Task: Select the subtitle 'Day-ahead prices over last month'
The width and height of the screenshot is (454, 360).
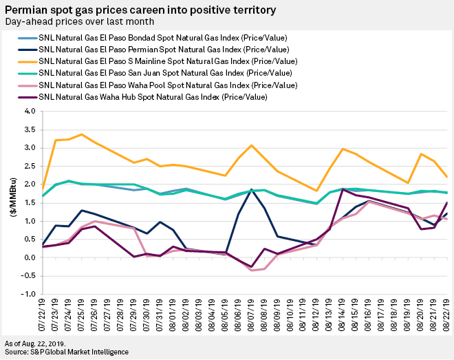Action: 83,21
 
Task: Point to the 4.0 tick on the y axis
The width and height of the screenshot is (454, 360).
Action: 30,111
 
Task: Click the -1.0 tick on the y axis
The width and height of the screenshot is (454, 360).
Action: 28,295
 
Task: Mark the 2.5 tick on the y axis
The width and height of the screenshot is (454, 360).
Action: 30,166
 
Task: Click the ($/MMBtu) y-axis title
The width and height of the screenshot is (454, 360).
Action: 11,202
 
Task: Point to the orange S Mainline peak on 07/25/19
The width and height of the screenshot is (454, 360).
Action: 82,134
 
